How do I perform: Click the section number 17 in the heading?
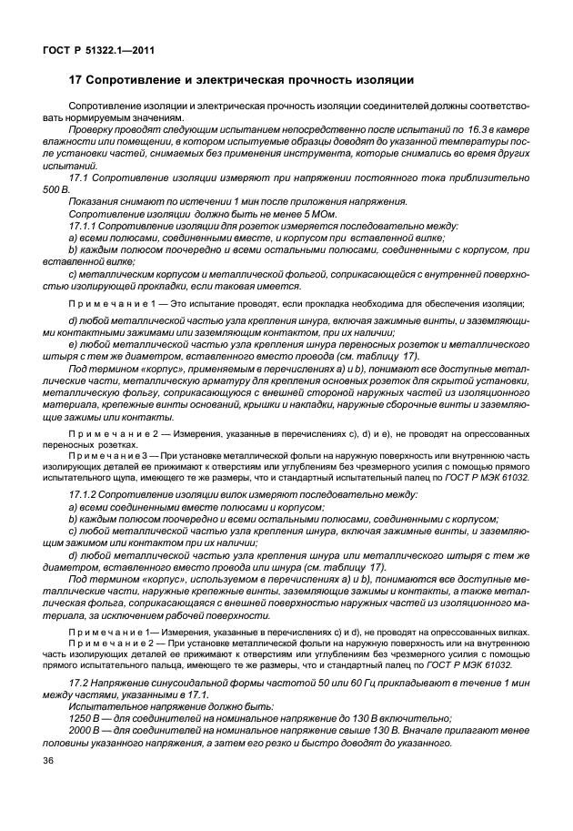(x=76, y=80)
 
